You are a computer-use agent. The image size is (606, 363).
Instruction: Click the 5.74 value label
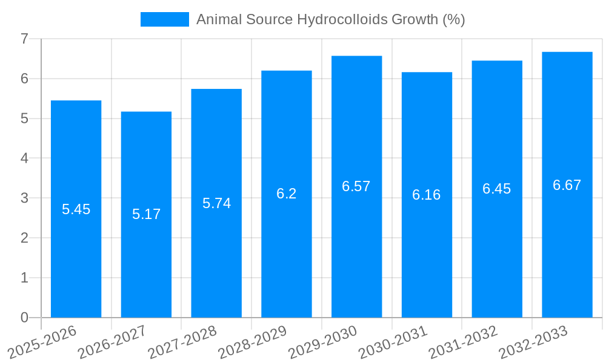(216, 203)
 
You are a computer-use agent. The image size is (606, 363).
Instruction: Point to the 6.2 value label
(286, 194)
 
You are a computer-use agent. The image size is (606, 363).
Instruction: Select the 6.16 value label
(427, 195)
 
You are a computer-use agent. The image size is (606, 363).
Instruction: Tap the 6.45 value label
(497, 189)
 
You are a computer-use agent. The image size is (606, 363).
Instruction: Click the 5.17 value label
(146, 214)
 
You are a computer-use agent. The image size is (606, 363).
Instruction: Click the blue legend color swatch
(165, 19)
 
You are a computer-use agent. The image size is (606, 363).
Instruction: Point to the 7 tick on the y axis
(24, 39)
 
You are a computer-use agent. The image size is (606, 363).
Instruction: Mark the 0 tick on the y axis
(24, 318)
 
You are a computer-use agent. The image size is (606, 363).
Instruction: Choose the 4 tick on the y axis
(24, 159)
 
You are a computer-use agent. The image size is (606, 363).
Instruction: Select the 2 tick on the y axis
(24, 238)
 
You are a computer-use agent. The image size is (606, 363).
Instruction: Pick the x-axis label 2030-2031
(393, 342)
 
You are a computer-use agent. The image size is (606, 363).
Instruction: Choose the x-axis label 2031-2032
(464, 342)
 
